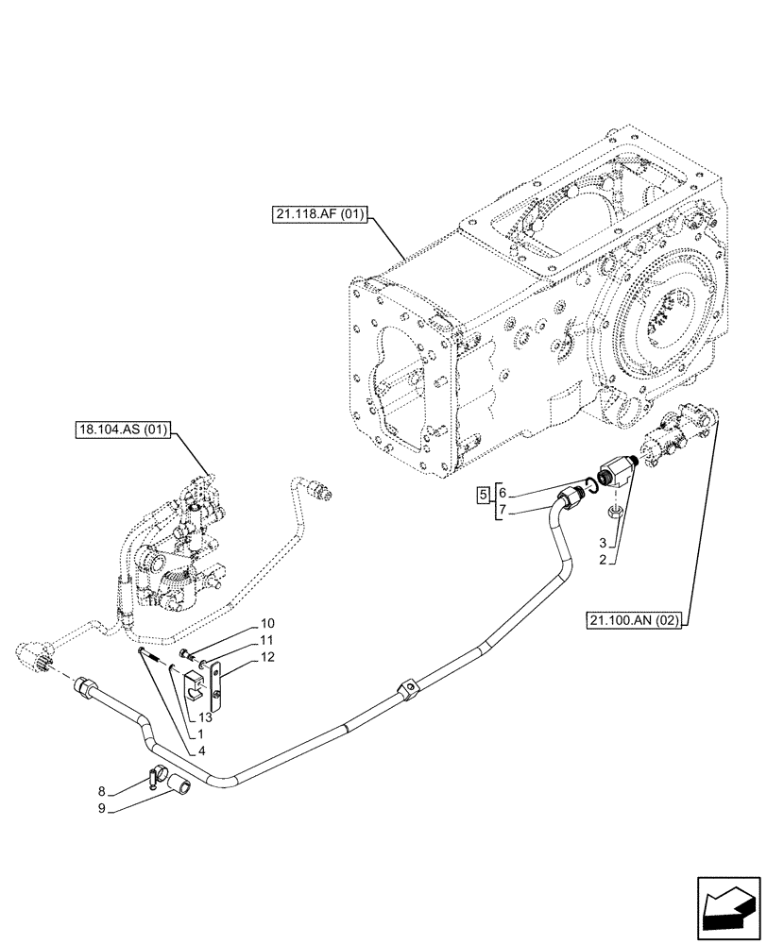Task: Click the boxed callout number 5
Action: (x=483, y=495)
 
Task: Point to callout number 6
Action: (x=503, y=493)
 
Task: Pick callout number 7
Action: (x=503, y=510)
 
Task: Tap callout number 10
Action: (x=267, y=623)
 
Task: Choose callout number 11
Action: (x=267, y=641)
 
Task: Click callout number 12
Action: (x=267, y=658)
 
